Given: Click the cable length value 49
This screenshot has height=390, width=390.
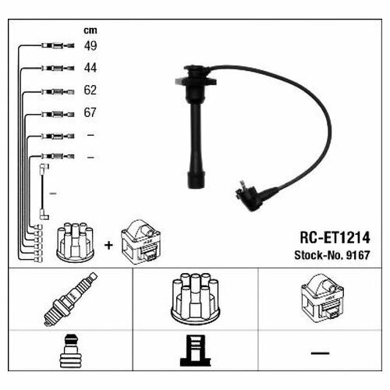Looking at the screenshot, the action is point(90,45).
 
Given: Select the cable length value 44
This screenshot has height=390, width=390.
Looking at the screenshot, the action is point(90,68).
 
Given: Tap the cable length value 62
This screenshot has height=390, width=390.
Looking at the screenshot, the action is point(90,90).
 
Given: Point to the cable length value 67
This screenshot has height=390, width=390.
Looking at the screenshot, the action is point(90,112).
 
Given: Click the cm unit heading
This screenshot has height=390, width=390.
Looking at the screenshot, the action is point(90,30).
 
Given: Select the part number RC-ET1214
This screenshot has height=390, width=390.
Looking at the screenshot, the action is point(335,238).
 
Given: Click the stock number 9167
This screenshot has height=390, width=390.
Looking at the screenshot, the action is point(358,255).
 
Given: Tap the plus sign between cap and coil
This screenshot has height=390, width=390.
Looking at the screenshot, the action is point(108,245).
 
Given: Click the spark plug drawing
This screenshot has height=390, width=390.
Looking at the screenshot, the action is point(70,299).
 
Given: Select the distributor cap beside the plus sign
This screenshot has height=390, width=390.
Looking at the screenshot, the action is point(75,242).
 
